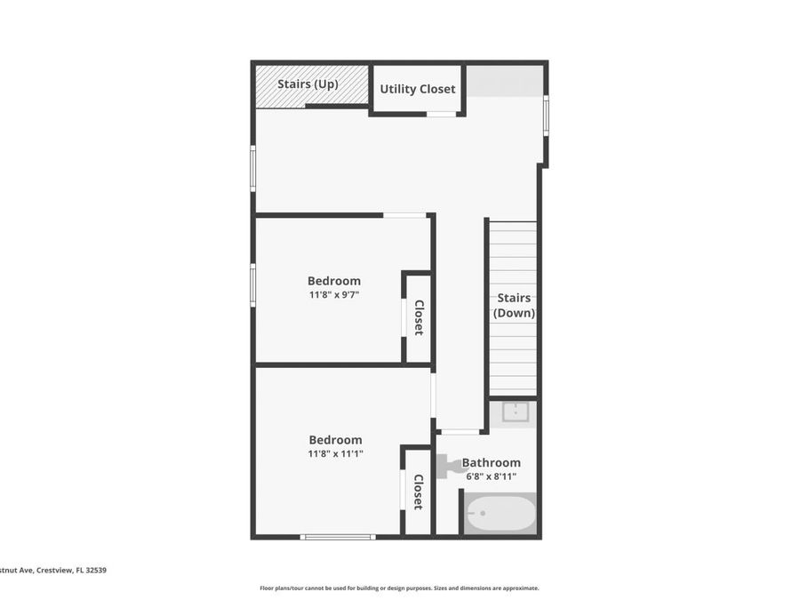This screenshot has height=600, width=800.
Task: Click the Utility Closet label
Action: point(418,89)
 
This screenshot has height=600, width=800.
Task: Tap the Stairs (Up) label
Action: point(308,84)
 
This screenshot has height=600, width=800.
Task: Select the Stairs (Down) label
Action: point(514,306)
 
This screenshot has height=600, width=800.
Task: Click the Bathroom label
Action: point(491,462)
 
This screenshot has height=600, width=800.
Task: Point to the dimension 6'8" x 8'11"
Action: point(491,476)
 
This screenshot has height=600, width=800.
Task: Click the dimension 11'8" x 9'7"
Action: point(334,294)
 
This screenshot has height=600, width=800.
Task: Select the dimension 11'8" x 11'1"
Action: point(335,453)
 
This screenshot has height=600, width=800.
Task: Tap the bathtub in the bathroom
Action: point(501,513)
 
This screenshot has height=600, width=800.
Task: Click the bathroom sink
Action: point(515,412)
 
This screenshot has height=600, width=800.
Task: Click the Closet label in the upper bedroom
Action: point(419,317)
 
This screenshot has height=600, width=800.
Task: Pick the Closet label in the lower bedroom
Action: point(418,492)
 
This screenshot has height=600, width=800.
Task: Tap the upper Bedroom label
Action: point(334,281)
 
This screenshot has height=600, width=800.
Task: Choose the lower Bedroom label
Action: point(335,440)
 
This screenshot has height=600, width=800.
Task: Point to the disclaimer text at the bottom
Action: point(399,588)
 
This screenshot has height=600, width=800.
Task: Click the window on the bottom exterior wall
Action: point(337,536)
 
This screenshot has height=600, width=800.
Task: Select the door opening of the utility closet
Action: point(441,114)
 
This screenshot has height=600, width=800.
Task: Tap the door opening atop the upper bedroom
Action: point(404,215)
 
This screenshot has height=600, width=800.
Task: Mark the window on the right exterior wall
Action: point(546,115)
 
